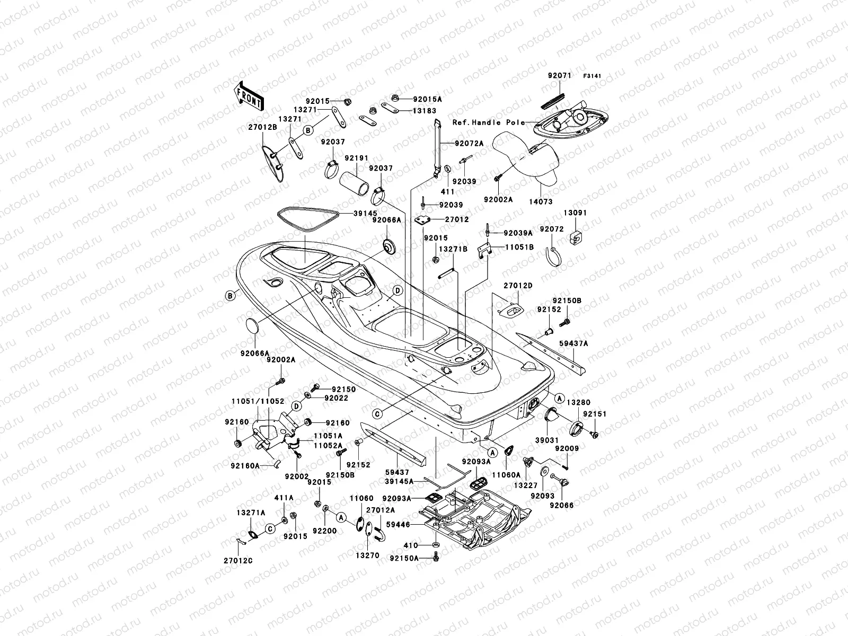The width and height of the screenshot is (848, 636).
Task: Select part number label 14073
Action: tap(540, 202)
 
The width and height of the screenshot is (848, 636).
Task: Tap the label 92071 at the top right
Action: tap(559, 76)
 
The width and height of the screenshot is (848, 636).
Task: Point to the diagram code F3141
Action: tap(594, 76)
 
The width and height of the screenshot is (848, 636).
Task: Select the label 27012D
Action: tap(517, 286)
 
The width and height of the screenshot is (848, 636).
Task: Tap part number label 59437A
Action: tap(573, 343)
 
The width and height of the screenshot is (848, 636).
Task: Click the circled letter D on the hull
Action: tap(397, 290)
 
